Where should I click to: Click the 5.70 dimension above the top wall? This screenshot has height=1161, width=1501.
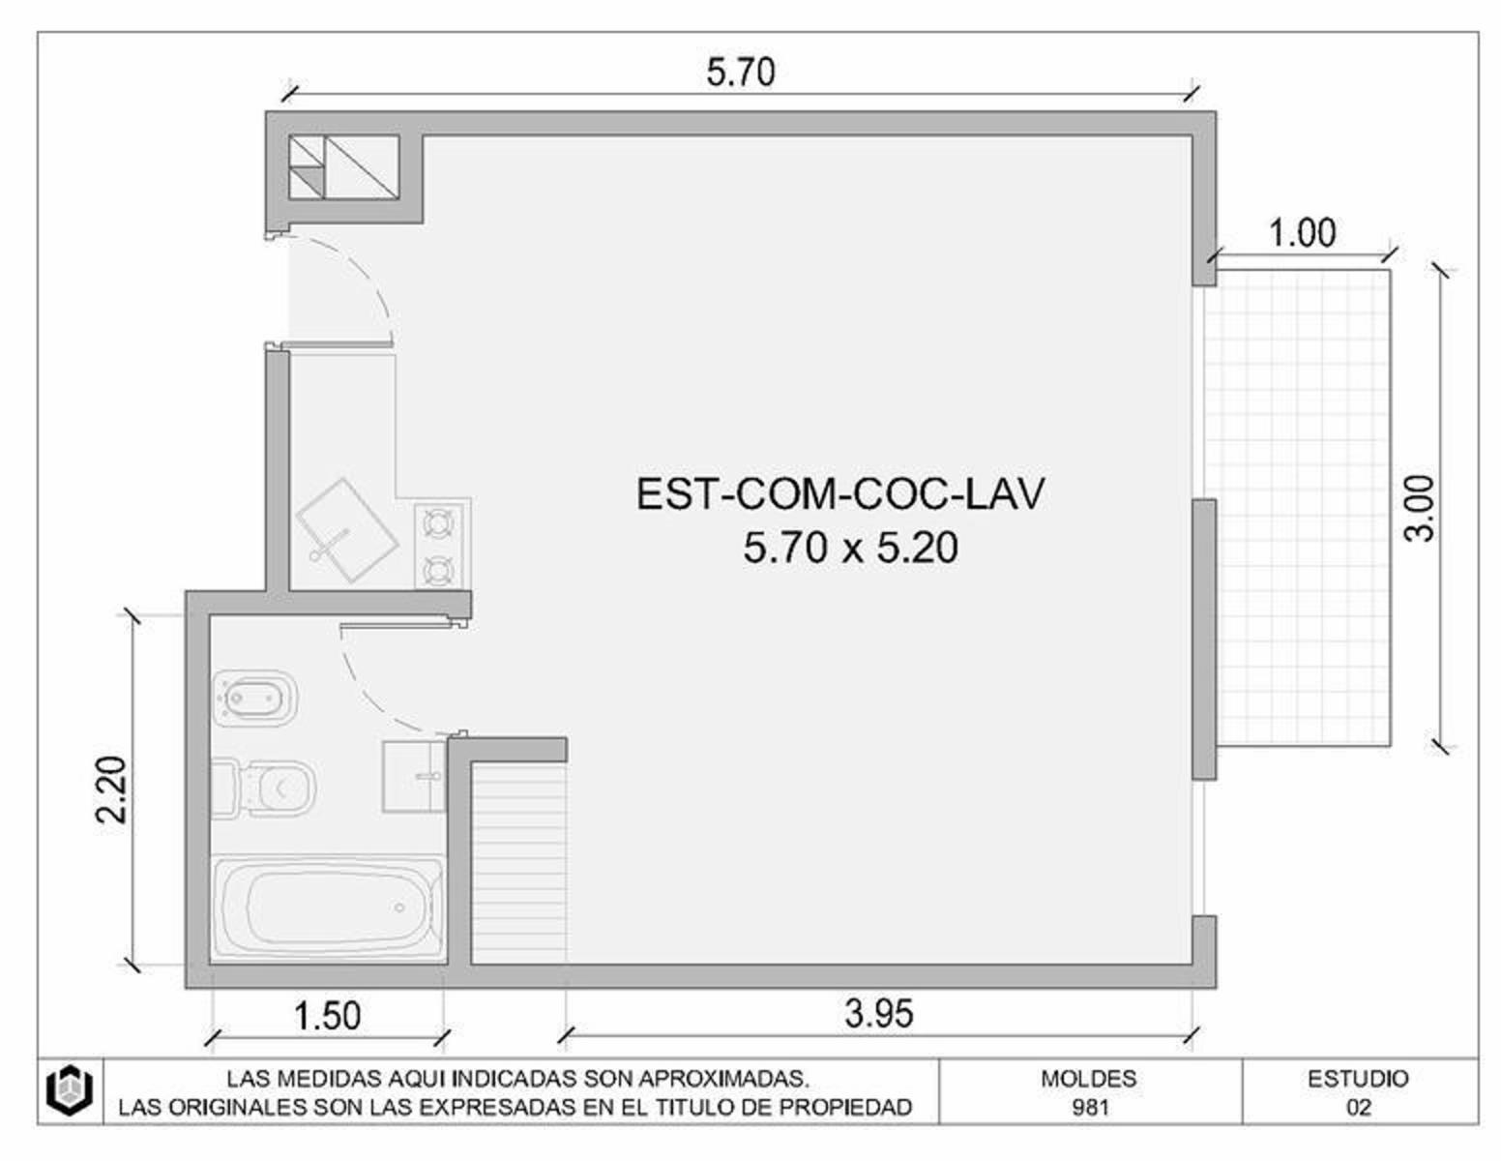741,73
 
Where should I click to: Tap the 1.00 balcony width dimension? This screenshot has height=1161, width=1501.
1303,233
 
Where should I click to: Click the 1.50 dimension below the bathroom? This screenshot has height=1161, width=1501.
328,1016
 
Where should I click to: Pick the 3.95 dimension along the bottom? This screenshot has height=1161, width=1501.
878,1014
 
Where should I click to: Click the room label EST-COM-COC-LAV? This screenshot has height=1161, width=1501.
839,493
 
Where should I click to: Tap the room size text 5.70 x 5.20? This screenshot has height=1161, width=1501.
850,549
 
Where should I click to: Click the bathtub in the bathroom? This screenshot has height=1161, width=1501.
328,908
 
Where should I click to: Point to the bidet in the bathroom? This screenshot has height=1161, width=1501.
255,698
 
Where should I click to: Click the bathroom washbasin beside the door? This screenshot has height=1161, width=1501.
414,777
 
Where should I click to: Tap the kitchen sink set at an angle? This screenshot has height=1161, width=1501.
347,530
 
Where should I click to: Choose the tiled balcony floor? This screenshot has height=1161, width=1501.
1303,508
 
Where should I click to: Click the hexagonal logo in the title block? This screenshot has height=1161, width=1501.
70,1090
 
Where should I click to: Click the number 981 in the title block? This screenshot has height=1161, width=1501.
1090,1108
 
